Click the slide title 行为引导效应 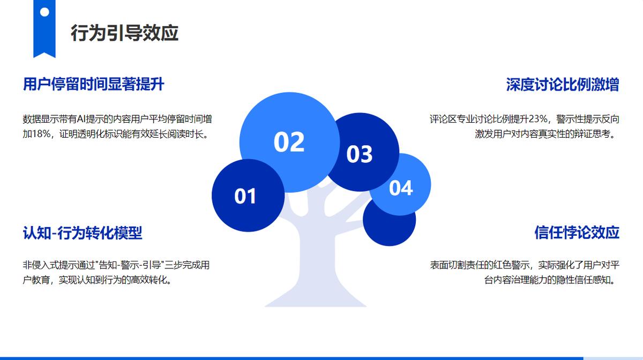click(124, 33)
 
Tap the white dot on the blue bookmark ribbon click(44, 12)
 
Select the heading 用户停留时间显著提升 click(93, 85)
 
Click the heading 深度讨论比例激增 click(562, 85)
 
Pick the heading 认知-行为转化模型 click(83, 233)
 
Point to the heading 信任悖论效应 click(577, 232)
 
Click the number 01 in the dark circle click(245, 197)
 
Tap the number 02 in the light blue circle click(289, 142)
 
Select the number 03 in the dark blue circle click(360, 154)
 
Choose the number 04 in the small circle click(401, 188)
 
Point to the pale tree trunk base click(316, 296)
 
